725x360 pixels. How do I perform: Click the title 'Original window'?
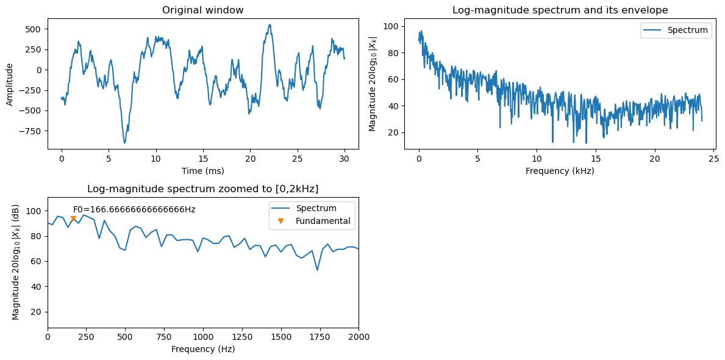[202, 10]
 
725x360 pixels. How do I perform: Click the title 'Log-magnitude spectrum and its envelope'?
[560, 10]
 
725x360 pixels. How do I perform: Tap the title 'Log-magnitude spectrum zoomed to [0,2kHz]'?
[202, 189]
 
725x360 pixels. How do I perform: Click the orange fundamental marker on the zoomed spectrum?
[73, 218]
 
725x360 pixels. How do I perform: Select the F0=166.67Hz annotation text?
[134, 209]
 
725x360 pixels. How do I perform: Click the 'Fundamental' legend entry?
[323, 221]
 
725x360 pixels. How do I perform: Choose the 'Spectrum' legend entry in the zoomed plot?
[316, 208]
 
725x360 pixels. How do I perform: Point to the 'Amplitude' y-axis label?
[10, 84]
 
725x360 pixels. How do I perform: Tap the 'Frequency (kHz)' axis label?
[560, 171]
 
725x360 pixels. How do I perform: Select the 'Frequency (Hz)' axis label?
[202, 350]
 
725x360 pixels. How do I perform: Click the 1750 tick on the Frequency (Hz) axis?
[320, 337]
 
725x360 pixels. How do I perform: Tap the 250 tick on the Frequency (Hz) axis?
[86, 337]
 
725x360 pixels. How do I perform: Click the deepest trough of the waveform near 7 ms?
[124, 143]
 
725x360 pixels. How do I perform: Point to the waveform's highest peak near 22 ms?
[270, 25]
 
